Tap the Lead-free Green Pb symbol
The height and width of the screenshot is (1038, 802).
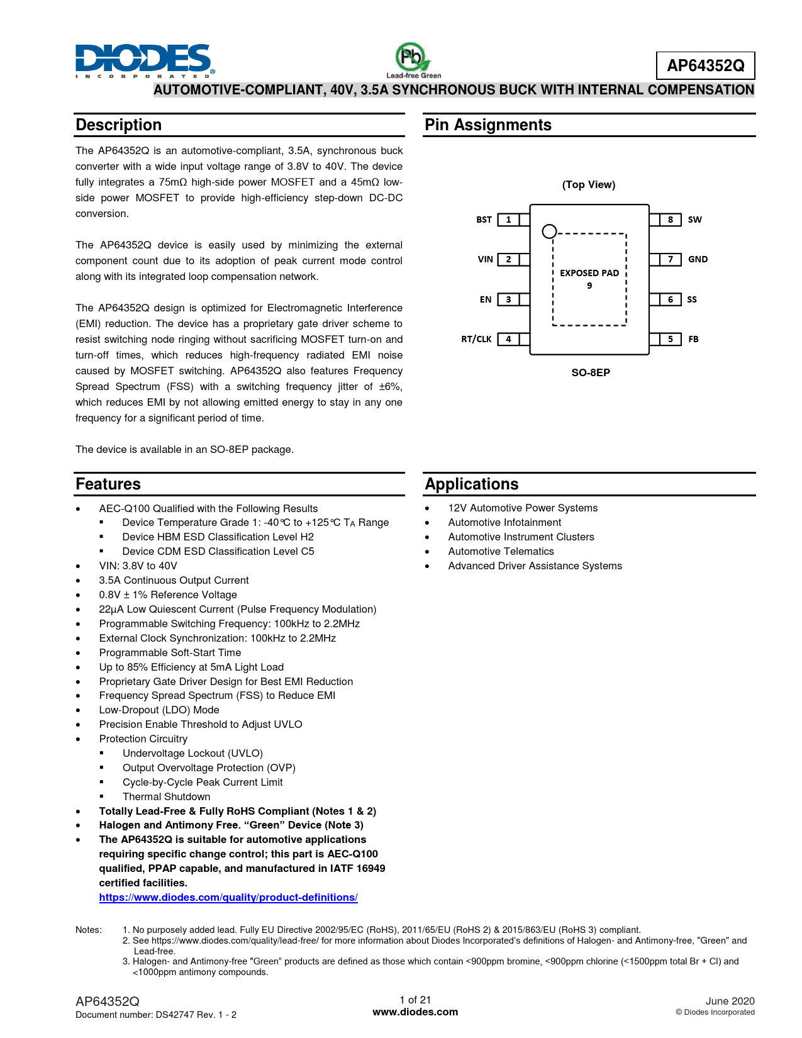coord(413,59)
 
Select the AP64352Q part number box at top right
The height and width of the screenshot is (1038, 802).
coord(705,65)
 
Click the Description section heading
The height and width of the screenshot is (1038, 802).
coord(119,125)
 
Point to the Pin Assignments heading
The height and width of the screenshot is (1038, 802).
coord(488,125)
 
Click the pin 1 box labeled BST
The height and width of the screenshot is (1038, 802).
coord(508,220)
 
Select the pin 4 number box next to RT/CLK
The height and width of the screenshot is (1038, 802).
coord(508,339)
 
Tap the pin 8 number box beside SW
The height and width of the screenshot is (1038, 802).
coord(671,220)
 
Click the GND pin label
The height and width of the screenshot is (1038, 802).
coord(698,259)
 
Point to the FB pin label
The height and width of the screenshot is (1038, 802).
coord(693,339)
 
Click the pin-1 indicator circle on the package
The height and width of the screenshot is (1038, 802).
coord(549,232)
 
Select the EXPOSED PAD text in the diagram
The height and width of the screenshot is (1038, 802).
coord(589,273)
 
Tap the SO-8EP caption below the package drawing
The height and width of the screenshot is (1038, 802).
coord(591,372)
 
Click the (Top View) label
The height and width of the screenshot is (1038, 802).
coord(589,184)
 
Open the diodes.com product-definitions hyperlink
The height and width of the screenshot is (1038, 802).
coord(228,897)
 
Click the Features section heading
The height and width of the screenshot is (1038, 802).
coord(108,484)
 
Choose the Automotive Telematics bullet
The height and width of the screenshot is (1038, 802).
coord(501,551)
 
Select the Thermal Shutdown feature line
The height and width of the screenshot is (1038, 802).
coord(166,796)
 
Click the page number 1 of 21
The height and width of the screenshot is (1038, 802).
coord(415,1000)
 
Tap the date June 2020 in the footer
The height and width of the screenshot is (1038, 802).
coord(730,1001)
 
